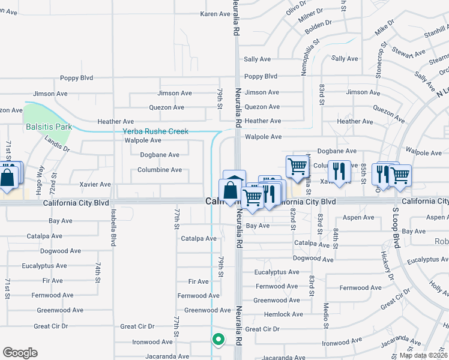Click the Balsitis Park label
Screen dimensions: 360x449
click(x=49, y=127)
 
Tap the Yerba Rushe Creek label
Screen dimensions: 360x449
click(x=155, y=131)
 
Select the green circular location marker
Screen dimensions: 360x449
click(x=218, y=340)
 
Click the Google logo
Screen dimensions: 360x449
click(x=20, y=353)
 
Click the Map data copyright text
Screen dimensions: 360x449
click(x=423, y=355)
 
